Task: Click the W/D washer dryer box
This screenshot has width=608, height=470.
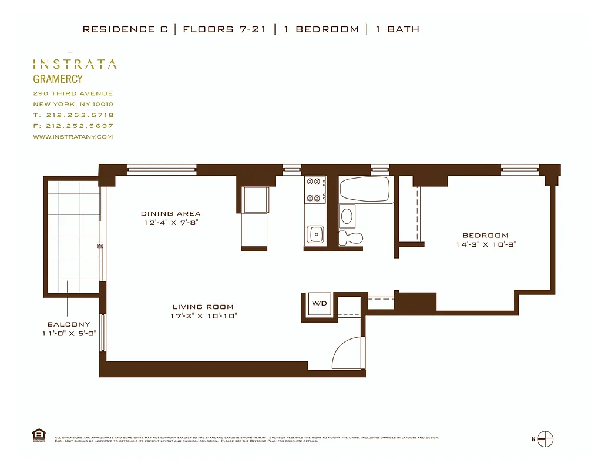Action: click(x=320, y=304)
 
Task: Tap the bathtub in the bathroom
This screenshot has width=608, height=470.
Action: click(x=364, y=189)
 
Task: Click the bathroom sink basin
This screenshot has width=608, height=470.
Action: click(x=347, y=216)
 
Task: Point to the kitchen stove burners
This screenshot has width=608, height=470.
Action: click(x=315, y=190)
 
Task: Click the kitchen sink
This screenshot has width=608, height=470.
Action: click(x=316, y=234)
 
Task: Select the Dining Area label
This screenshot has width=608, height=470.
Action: click(x=170, y=214)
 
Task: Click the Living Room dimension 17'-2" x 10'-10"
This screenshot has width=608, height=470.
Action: click(x=203, y=316)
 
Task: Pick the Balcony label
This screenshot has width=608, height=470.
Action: click(x=69, y=324)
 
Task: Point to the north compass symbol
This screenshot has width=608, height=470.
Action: click(x=545, y=439)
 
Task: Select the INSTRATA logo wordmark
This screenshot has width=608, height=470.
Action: click(x=75, y=64)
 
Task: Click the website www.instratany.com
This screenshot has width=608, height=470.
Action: click(x=73, y=137)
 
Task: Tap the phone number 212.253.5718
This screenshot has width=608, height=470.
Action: click(x=79, y=115)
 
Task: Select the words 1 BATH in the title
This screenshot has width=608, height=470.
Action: click(x=397, y=29)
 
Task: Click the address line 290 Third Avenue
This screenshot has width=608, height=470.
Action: click(x=73, y=93)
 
